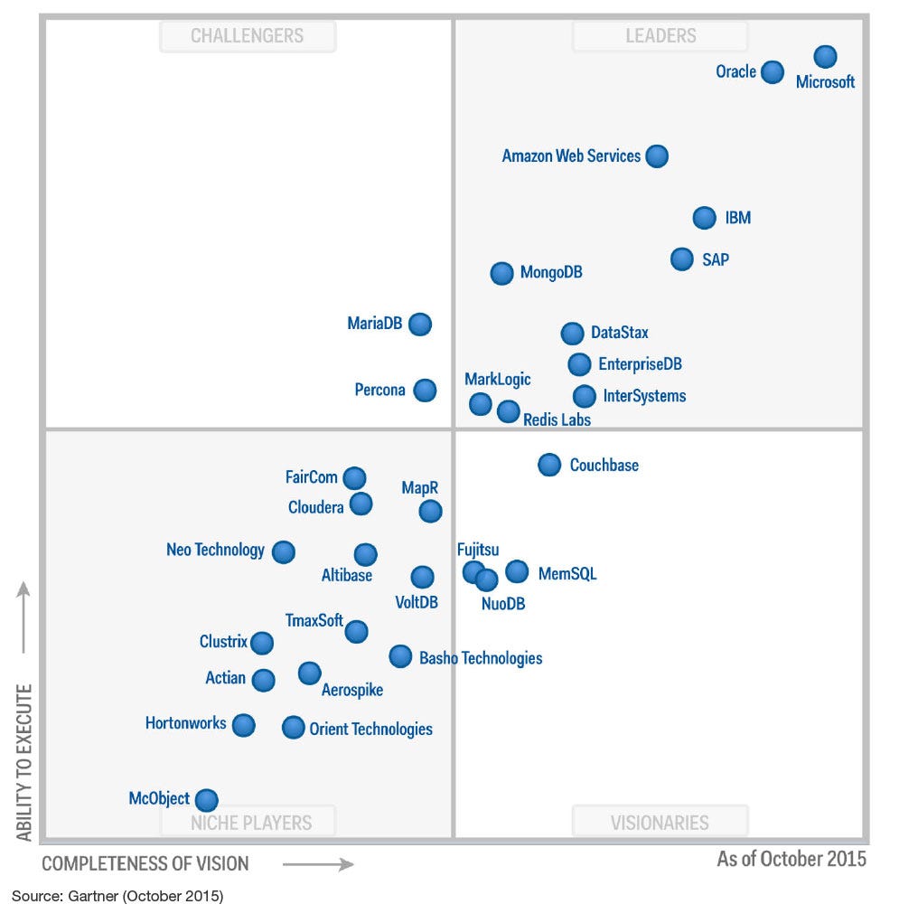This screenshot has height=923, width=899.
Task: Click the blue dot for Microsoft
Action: [x=825, y=57]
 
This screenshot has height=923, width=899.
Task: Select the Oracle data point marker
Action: [x=772, y=72]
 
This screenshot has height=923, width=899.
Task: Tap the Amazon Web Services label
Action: [x=571, y=156]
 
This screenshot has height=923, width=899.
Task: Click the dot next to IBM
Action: [x=704, y=218]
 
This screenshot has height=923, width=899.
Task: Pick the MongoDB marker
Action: [x=501, y=273]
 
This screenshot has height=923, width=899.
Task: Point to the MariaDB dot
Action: [x=420, y=324]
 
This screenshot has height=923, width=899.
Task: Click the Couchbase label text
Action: [x=604, y=466]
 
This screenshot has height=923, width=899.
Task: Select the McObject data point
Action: [x=207, y=800]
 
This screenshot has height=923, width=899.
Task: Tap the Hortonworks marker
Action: [x=243, y=725]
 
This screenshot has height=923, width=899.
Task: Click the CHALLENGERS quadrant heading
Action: [x=247, y=36]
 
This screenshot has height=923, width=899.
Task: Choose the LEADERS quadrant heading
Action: [x=660, y=36]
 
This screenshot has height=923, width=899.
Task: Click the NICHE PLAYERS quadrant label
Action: [x=250, y=823]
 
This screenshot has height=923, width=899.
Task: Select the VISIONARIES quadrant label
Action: [x=660, y=823]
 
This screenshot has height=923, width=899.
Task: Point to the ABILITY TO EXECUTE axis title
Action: [x=24, y=762]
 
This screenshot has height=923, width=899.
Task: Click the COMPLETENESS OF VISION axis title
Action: [x=145, y=863]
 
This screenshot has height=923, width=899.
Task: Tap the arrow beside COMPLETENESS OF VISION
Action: [x=318, y=864]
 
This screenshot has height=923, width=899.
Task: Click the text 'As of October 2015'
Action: [x=791, y=859]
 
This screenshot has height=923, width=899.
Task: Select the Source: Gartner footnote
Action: [x=117, y=897]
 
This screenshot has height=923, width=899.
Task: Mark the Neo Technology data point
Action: [x=284, y=551]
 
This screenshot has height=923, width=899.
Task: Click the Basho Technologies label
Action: [x=481, y=658]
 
